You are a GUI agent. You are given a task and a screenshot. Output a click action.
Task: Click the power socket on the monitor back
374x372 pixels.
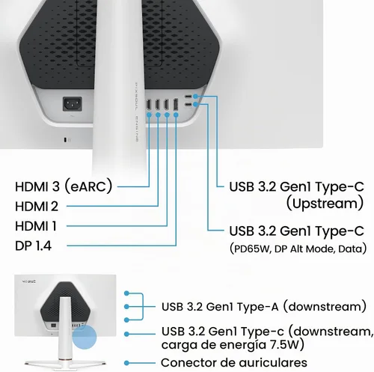(73, 104)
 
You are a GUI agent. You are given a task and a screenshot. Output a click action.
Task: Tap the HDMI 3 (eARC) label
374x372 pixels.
(64, 186)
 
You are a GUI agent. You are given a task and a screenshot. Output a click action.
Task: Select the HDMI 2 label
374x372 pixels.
(37, 207)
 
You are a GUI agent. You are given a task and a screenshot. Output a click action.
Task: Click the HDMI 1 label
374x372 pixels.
(36, 226)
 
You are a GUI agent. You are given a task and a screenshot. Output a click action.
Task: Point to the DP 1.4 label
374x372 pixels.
(33, 246)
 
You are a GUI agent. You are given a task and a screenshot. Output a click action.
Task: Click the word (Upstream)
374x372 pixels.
(325, 204)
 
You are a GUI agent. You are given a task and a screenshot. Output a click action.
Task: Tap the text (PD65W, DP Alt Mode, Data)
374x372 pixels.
(298, 248)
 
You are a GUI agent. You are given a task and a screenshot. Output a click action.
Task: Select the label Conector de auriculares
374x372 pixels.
(234, 362)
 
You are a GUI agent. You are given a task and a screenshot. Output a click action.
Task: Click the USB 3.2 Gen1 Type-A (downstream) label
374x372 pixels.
(264, 306)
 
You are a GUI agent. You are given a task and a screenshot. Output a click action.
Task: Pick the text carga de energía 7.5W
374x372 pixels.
(233, 344)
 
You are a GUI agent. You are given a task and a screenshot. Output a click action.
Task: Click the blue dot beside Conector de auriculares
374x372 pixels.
(127, 363)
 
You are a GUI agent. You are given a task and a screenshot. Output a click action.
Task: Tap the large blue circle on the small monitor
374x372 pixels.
(85, 337)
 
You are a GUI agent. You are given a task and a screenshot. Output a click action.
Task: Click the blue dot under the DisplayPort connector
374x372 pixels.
(176, 115)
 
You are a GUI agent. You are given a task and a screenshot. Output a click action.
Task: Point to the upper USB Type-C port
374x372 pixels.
(188, 97)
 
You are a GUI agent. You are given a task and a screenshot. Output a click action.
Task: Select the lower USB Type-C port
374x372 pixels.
(188, 105)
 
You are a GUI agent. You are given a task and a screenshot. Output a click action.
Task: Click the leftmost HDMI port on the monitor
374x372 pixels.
(149, 105)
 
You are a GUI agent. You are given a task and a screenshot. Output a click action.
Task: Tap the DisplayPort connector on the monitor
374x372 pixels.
(176, 105)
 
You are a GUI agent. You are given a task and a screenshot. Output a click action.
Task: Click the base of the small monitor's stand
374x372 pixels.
(65, 362)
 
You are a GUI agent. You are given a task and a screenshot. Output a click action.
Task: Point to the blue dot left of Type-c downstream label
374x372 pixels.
(127, 334)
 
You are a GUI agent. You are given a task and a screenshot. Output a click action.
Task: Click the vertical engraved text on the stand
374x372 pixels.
(137, 112)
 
